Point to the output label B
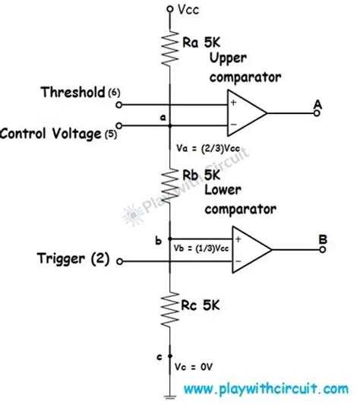323,237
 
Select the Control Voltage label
50,134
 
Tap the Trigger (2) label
68,259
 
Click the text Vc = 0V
197,366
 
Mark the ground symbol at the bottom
169,394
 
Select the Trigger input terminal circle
119,261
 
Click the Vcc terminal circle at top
169,10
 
